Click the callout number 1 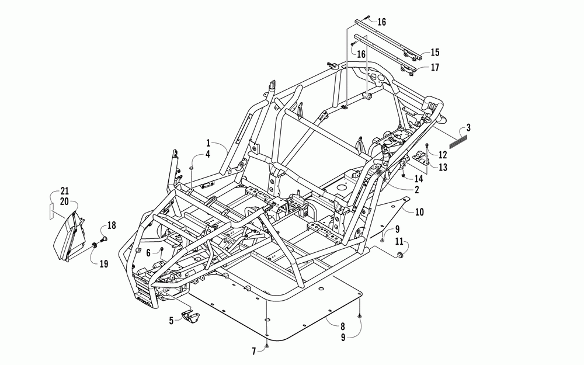(x=207, y=142)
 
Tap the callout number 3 (x=468, y=127)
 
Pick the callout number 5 (x=172, y=320)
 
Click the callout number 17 (x=434, y=67)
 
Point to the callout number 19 (x=103, y=264)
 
